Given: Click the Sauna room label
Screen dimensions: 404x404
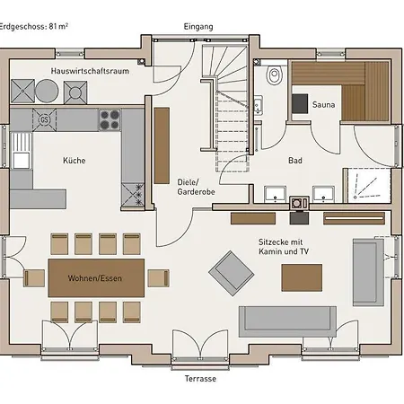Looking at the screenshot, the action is coord(323,105).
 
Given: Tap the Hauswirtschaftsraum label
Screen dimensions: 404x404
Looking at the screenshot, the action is coord(90,71).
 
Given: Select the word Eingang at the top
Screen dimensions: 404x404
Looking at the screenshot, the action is coord(198,27).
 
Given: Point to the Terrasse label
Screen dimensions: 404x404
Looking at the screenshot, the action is coord(200,379).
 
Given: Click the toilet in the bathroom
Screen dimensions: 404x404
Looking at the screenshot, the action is coord(274,75).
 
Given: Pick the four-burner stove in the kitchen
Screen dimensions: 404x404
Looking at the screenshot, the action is coord(110,119).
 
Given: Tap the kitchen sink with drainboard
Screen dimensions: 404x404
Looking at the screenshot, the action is coord(21,151).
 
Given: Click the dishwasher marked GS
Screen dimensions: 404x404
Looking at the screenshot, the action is coord(44,120).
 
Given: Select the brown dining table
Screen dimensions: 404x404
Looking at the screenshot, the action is coord(96,278).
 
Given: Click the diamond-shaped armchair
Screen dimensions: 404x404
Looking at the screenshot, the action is coord(232,273).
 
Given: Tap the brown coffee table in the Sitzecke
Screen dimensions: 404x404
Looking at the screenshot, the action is coord(302,277).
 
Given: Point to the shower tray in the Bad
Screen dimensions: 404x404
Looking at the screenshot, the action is coord(368,186).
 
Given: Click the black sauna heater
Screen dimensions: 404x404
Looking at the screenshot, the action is coord(300,103).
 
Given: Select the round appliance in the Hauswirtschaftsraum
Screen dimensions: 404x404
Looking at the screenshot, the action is coord(47,91).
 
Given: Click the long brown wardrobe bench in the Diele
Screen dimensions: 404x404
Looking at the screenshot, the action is coord(162,145).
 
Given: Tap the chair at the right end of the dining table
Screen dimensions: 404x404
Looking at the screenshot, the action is coord(158,278).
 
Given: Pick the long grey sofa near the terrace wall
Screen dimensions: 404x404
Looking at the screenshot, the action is coord(287,321).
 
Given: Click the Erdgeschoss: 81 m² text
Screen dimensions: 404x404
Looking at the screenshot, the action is coord(33,27).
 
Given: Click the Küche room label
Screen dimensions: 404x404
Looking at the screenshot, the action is coord(75,161).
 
